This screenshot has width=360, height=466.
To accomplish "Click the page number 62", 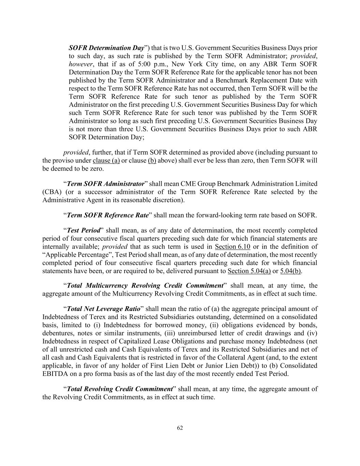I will pyautogui.click(x=180, y=428).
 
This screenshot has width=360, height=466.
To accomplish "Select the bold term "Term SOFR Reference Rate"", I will pyautogui.click(x=108, y=215).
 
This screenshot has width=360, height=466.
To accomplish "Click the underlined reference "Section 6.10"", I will pyautogui.click(x=232, y=247).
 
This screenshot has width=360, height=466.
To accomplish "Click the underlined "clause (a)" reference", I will pyautogui.click(x=106, y=161).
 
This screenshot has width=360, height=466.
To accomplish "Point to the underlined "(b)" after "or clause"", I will pyautogui.click(x=152, y=161).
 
